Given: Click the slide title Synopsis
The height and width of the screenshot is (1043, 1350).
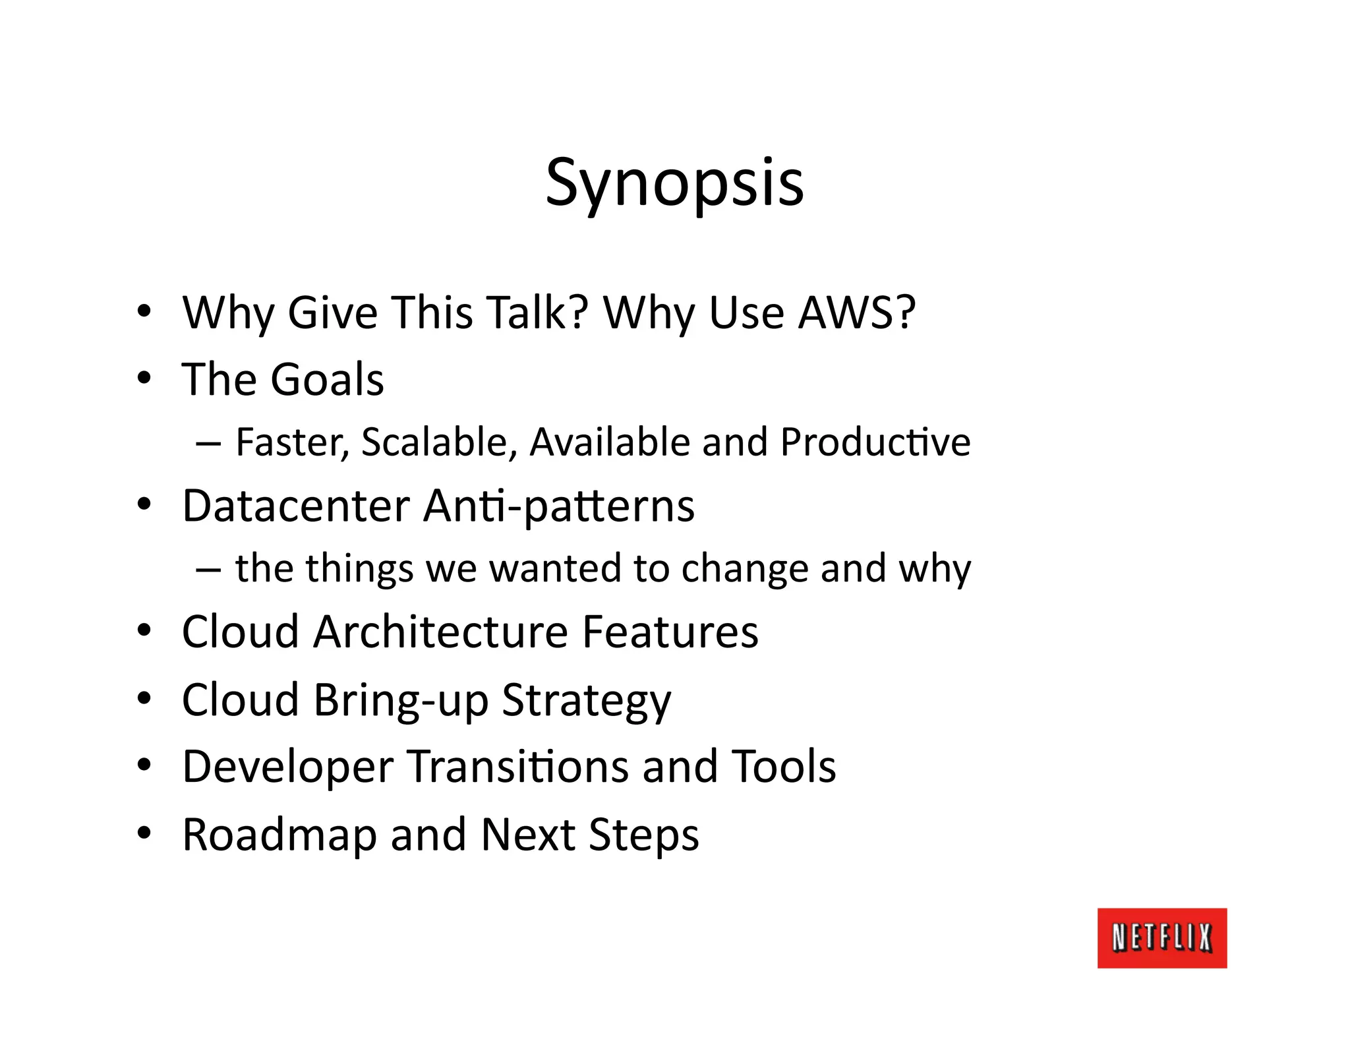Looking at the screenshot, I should (x=674, y=183).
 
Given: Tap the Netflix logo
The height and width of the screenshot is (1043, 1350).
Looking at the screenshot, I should (x=1161, y=938).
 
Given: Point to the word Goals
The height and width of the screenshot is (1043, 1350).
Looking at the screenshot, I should (x=327, y=380).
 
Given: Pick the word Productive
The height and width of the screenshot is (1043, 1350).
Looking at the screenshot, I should (x=875, y=442).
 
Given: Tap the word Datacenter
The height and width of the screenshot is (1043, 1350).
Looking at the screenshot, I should (x=296, y=506).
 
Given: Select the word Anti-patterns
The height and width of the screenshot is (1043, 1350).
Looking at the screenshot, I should (x=559, y=506).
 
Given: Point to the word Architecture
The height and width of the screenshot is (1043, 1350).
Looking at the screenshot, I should (x=440, y=632).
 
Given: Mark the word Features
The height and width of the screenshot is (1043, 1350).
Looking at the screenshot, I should (x=670, y=632).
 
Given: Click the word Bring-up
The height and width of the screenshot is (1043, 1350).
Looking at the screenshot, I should (x=401, y=700).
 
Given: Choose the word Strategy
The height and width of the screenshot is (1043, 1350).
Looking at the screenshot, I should (x=586, y=700).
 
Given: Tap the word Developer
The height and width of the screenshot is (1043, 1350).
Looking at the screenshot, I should (x=288, y=767).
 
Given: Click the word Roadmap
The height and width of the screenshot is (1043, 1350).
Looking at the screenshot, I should (x=279, y=835).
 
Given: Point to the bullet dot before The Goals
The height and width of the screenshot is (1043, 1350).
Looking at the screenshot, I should (x=144, y=378).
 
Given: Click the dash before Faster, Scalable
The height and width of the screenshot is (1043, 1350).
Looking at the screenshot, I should (x=208, y=443).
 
